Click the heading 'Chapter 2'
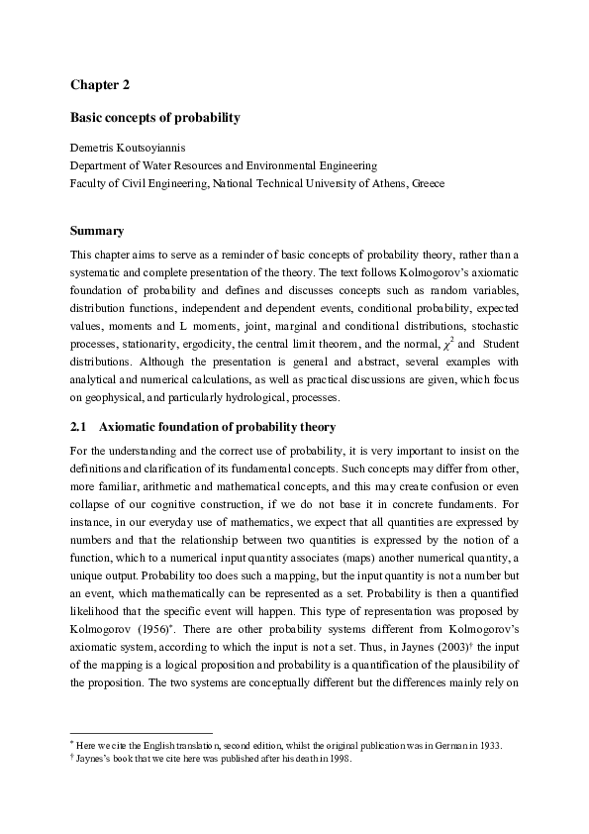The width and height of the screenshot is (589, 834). [x=99, y=85]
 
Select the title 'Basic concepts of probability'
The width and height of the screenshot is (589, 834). [x=154, y=118]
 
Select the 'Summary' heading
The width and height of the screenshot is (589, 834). [x=97, y=231]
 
